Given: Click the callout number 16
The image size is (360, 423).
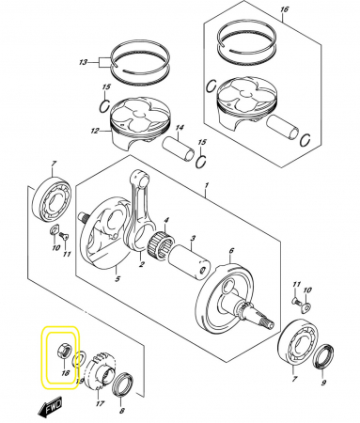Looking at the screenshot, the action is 284,9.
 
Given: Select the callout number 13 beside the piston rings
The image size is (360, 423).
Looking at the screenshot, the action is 83,63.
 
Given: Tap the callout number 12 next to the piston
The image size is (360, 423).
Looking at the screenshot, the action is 95,131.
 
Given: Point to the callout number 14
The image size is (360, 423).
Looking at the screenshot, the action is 180,128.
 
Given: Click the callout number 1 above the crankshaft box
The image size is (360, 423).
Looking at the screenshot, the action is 207,186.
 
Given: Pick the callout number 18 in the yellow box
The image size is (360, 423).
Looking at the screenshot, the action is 66,373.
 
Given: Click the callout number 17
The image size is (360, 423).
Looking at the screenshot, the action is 100,403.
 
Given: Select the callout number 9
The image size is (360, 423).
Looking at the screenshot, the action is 323,383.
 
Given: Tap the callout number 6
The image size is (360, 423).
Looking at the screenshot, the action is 231,251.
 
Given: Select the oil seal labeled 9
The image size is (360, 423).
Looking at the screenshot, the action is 324,356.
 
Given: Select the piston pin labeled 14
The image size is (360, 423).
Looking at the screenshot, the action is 179,148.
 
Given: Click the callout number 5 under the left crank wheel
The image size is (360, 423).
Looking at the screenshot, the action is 117,278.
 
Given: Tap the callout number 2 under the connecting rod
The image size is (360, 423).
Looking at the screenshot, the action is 141,265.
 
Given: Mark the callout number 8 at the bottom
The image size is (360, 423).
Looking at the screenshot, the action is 122,411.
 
